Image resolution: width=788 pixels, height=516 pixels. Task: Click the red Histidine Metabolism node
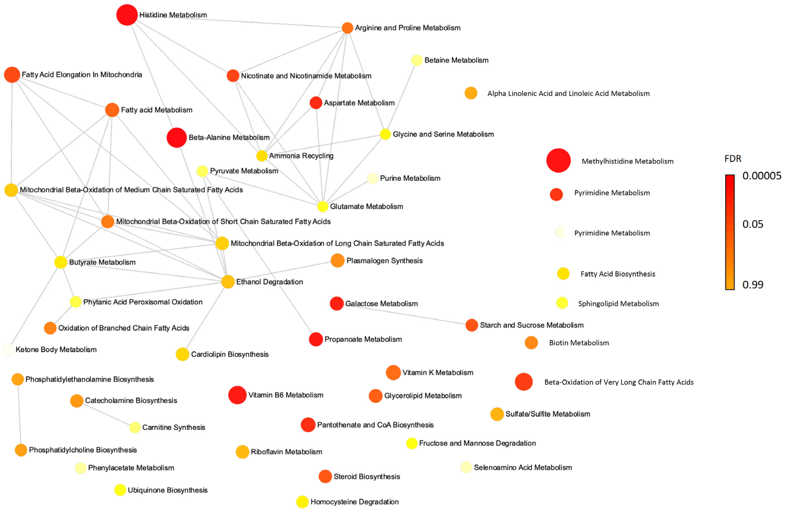[127, 15]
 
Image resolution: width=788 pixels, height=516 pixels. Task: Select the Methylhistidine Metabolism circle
[558, 161]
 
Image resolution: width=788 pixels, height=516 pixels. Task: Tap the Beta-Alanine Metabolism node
[176, 138]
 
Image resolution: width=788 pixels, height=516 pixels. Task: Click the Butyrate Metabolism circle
[61, 262]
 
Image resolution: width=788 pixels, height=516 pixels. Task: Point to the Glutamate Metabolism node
[323, 206]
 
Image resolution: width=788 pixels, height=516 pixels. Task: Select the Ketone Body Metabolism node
[8, 349]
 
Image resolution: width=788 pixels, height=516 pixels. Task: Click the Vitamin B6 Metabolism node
[237, 395]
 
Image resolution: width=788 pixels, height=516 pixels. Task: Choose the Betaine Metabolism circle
[416, 60]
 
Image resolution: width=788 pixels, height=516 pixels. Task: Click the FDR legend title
[733, 159]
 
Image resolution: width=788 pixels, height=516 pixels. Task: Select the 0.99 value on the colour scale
[753, 285]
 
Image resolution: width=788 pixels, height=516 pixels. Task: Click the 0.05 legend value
[753, 224]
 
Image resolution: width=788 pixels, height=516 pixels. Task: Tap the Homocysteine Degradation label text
[354, 502]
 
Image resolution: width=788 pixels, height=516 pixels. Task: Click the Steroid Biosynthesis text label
[367, 476]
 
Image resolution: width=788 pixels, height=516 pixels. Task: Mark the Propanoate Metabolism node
[316, 339]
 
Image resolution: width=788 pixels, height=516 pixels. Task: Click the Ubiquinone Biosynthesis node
[120, 490]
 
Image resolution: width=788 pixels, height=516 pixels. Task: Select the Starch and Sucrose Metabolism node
[471, 325]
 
